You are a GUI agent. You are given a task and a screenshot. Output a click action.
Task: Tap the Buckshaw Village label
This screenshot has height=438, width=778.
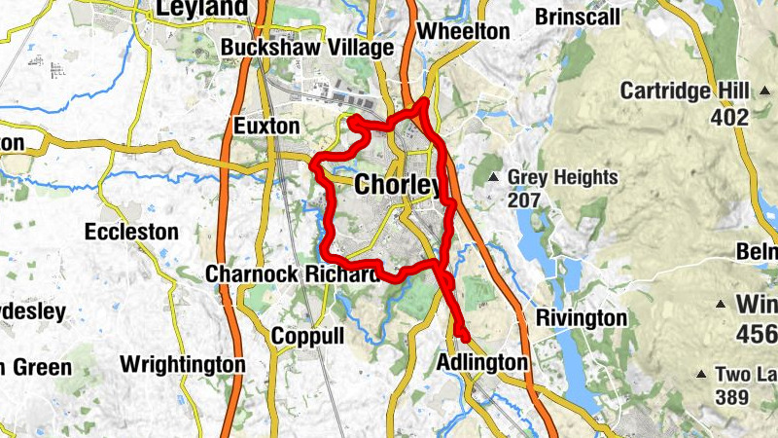click(306, 48)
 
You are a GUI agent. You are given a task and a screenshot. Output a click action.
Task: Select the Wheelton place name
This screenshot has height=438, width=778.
click(462, 31)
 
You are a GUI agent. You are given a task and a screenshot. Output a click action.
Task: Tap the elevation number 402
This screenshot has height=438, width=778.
click(729, 118)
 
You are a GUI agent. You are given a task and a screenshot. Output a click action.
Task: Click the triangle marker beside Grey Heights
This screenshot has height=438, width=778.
click(493, 177)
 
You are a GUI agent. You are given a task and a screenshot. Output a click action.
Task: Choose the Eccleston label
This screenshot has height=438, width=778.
click(131, 233)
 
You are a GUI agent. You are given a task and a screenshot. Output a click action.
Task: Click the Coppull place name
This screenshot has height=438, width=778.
click(307, 336)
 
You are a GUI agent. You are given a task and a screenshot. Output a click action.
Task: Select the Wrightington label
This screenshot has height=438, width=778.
click(182, 365)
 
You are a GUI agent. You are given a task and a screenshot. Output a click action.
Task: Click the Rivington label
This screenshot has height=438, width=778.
click(582, 318)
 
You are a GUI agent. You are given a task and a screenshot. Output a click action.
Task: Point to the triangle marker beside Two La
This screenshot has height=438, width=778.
click(702, 374)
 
